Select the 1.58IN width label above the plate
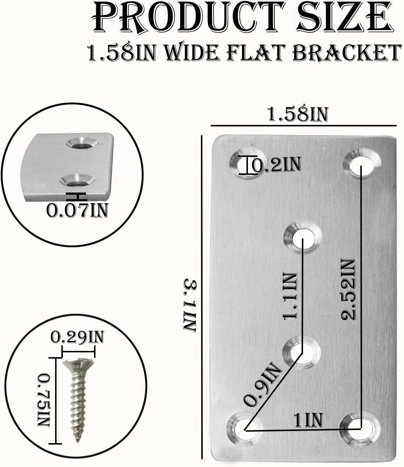(x=297, y=114)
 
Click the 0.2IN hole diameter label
(x=276, y=165)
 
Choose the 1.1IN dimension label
(x=290, y=296)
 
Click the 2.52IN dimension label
(x=347, y=290)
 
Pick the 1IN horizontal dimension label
(x=309, y=420)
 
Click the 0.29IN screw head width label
(x=77, y=337)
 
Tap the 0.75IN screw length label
(x=44, y=400)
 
